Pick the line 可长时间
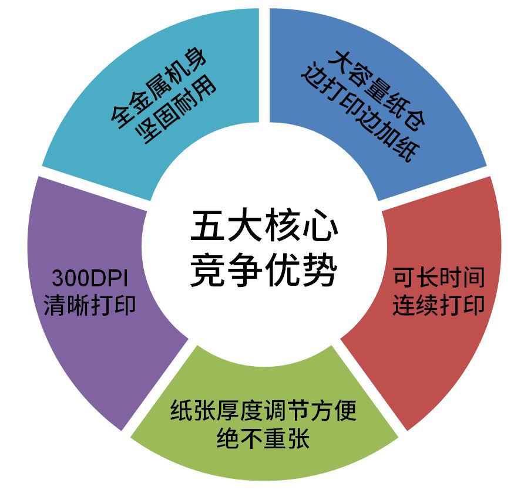coord(438,276)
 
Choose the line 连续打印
coord(438,306)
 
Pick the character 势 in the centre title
coord(320,270)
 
